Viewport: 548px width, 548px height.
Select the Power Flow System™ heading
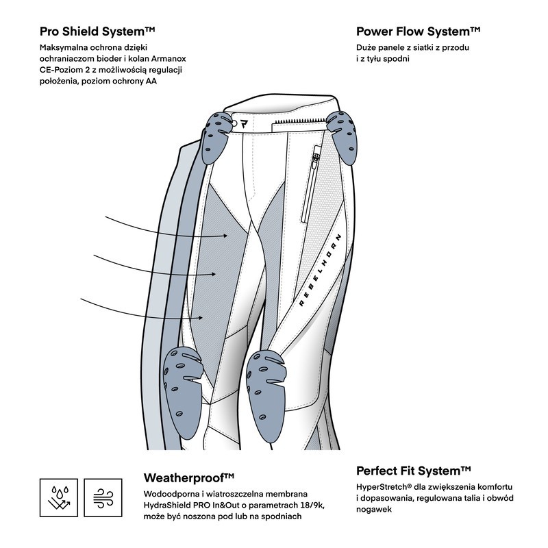tap(418, 32)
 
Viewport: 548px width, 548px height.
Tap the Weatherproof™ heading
tap(190, 477)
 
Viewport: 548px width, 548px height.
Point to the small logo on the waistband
tap(244, 124)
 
